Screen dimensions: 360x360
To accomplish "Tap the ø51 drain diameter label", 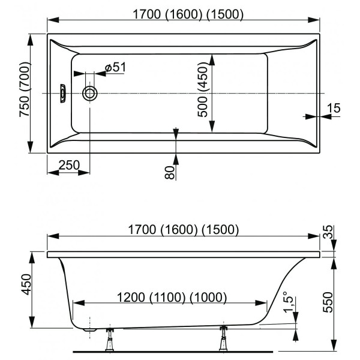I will coord(114,68).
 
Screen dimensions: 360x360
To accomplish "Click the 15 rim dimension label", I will coord(334,108).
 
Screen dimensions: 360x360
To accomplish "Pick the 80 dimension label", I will coord(169,173).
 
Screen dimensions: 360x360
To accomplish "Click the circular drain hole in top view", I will coord(91,94).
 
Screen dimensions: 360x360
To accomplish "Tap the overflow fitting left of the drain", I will coord(62,94).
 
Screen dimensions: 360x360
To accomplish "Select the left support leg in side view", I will coord(110,340).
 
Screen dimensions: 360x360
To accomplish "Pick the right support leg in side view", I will coord(225,338).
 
